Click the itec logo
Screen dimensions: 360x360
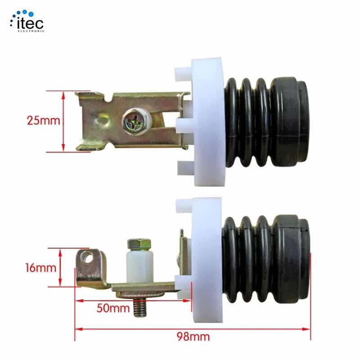[27, 21]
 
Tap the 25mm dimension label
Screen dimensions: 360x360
[44, 121]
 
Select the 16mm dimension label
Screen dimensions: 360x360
[40, 268]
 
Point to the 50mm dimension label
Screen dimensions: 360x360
[113, 308]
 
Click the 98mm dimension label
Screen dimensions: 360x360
[193, 337]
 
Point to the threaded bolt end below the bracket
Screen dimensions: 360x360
[140, 307]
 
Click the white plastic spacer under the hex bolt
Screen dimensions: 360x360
[139, 266]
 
